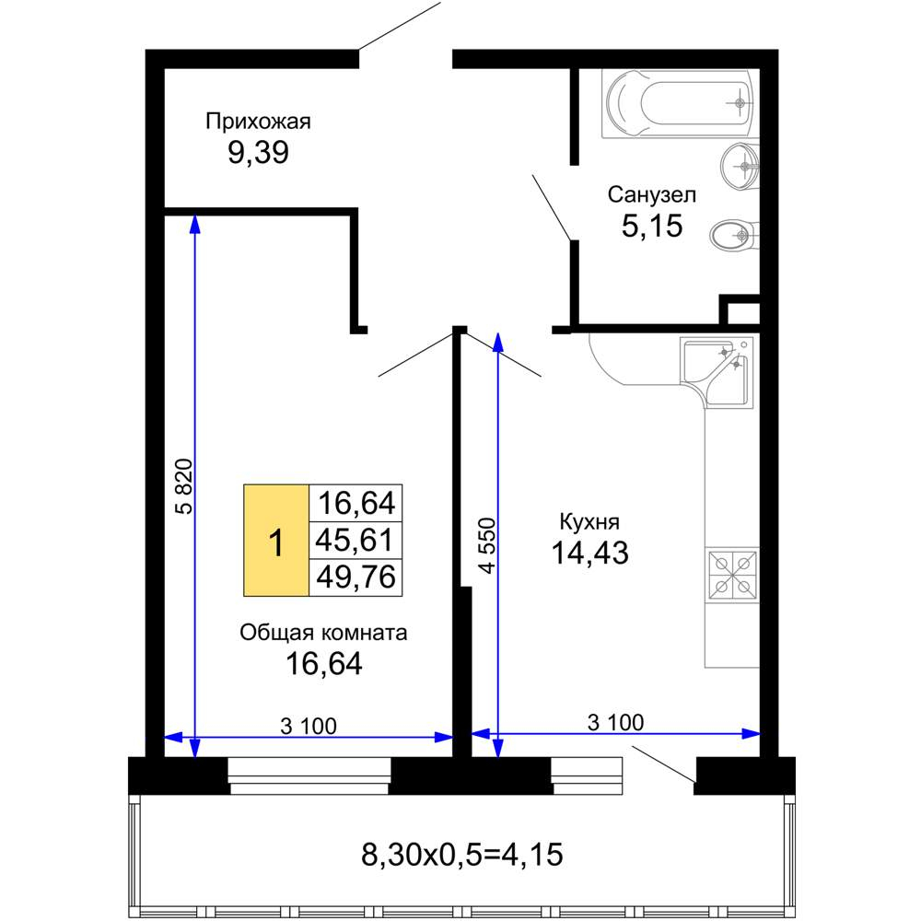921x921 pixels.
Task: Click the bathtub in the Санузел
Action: tap(681, 103)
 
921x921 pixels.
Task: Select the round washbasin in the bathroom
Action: tap(740, 166)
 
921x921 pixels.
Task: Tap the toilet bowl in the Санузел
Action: tap(735, 236)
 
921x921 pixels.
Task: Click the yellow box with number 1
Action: tap(276, 541)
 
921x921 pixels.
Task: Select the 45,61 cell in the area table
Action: tap(356, 540)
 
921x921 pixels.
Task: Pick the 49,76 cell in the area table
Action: tap(356, 577)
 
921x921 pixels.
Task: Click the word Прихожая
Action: tap(258, 122)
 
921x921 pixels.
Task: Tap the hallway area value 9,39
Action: tap(259, 153)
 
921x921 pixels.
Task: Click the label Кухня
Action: tap(589, 521)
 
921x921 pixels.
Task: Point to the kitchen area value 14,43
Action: tap(589, 553)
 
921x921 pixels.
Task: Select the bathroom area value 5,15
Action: tap(652, 226)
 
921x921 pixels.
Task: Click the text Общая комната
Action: tap(323, 633)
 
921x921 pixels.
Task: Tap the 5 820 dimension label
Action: tap(184, 486)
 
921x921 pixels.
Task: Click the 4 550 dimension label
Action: tap(487, 545)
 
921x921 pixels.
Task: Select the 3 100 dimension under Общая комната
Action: tap(309, 726)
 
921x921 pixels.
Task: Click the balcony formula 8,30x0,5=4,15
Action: tap(461, 854)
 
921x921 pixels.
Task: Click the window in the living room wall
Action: tap(309, 775)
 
